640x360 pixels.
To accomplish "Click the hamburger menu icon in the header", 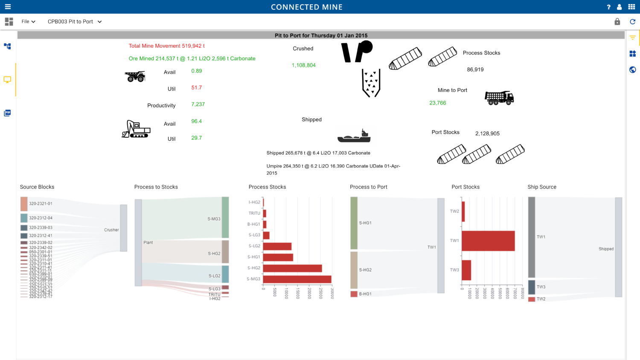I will point(8,7).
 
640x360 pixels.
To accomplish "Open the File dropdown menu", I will point(28,21).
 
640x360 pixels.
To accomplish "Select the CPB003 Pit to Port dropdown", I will point(75,21).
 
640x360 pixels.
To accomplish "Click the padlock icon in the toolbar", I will point(617,21).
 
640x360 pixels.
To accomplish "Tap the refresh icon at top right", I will point(632,21).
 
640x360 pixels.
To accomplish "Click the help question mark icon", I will point(608,7).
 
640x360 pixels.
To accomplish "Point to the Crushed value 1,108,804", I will point(303,65).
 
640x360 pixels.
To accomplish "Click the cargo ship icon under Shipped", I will point(354,136).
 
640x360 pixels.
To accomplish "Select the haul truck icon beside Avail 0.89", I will point(135,76).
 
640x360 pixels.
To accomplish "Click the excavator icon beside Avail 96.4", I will point(136,129).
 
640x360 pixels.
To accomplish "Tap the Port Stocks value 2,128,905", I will point(487,134).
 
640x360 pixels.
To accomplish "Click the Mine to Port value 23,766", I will point(437,103).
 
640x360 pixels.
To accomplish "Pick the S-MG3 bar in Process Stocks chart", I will point(297,279).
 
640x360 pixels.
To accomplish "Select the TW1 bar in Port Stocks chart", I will point(488,241).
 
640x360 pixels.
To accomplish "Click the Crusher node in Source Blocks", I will point(123,228).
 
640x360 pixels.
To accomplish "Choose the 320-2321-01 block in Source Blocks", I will point(24,204).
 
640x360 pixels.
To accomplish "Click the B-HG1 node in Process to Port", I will point(354,294).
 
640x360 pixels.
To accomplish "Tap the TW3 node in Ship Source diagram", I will point(532,287).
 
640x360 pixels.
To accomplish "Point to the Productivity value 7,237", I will point(198,105).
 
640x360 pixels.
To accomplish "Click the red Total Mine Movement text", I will point(166,46).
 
